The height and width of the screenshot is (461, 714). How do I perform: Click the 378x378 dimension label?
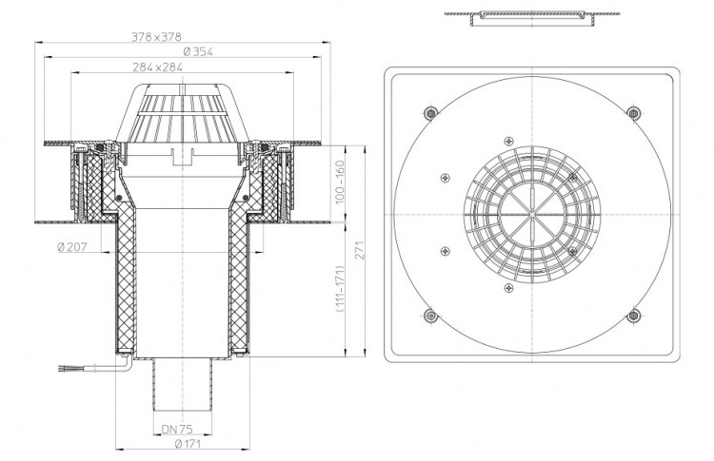[156, 36]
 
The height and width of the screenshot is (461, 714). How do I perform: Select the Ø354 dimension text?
[198, 52]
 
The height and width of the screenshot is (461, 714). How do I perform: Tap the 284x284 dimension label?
[157, 67]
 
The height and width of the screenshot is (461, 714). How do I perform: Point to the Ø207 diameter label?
[72, 247]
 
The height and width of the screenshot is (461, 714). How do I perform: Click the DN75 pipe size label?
[177, 429]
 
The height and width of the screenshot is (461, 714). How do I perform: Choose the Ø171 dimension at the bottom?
[188, 444]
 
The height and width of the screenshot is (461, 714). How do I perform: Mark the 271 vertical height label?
[360, 250]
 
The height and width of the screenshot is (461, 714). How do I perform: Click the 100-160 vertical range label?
[341, 182]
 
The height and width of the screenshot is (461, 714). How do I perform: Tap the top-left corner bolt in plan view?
[430, 112]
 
